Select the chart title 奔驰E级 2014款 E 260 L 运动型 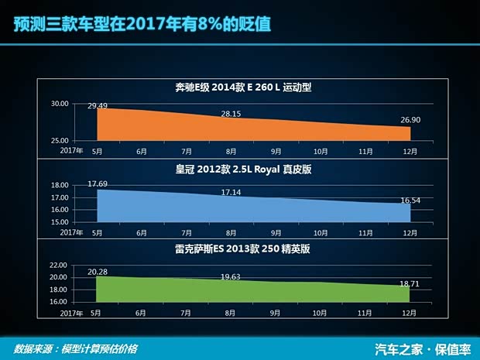point(243,87)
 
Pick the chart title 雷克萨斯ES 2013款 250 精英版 point(243,249)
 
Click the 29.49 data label point(98,105)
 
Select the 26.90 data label point(410,121)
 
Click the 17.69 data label point(98,183)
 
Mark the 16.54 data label point(410,200)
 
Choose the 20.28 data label point(98,271)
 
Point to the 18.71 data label point(410,284)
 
